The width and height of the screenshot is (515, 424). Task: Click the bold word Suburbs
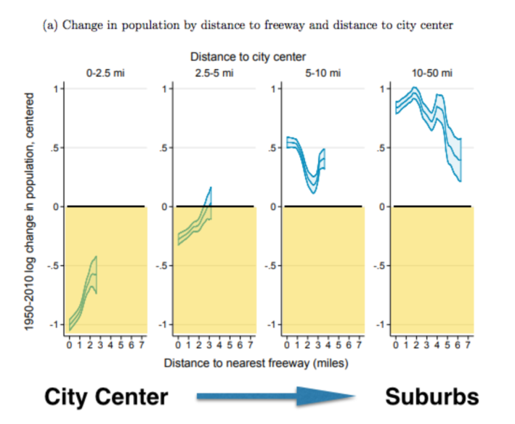coord(431,396)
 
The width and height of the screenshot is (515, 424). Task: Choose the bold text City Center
coord(106,396)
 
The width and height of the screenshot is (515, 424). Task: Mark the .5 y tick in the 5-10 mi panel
coord(270,148)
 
